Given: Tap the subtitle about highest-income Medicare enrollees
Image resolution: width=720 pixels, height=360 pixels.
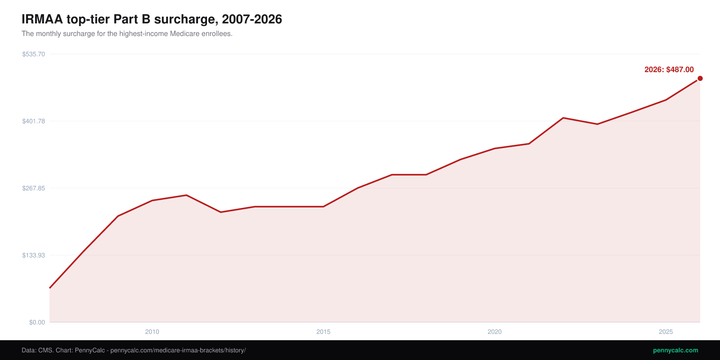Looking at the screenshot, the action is pos(127,34).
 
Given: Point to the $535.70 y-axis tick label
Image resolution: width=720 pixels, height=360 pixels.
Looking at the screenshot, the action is pos(33,54).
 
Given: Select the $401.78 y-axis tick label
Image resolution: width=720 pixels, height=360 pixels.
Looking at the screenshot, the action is pos(33,121).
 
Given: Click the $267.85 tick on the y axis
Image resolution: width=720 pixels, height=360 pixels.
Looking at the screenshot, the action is pos(33,188).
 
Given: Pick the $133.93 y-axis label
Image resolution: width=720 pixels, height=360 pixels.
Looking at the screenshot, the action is pos(33,255).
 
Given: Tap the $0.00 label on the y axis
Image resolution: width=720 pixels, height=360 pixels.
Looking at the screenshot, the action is pos(37,322).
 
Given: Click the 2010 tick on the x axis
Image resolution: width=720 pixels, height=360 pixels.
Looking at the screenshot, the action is pos(152,332).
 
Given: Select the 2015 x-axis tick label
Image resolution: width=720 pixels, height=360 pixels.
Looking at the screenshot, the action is pos(324,332).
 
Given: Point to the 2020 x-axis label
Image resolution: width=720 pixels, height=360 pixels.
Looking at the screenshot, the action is pos(495,332).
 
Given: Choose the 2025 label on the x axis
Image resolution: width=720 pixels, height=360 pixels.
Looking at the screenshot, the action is pos(666,332).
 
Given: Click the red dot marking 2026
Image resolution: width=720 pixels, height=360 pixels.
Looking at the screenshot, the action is pos(700,78).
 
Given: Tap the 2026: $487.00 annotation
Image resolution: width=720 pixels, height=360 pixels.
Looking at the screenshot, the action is pos(669,69).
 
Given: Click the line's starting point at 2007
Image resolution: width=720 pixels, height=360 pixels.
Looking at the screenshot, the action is pos(49,288).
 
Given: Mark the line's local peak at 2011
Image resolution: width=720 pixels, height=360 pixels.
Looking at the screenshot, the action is pos(186,195).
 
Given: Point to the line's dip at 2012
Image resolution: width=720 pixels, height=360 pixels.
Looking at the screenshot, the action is pos(220,212).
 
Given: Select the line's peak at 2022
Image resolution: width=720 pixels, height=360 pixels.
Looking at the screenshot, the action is pos(563,117).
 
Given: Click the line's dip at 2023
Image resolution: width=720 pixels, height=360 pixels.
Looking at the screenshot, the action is pos(597,124).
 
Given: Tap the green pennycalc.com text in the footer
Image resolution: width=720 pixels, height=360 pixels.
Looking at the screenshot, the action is pos(675,351).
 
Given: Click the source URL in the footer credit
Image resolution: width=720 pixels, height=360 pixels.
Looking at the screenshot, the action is pos(178,351).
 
